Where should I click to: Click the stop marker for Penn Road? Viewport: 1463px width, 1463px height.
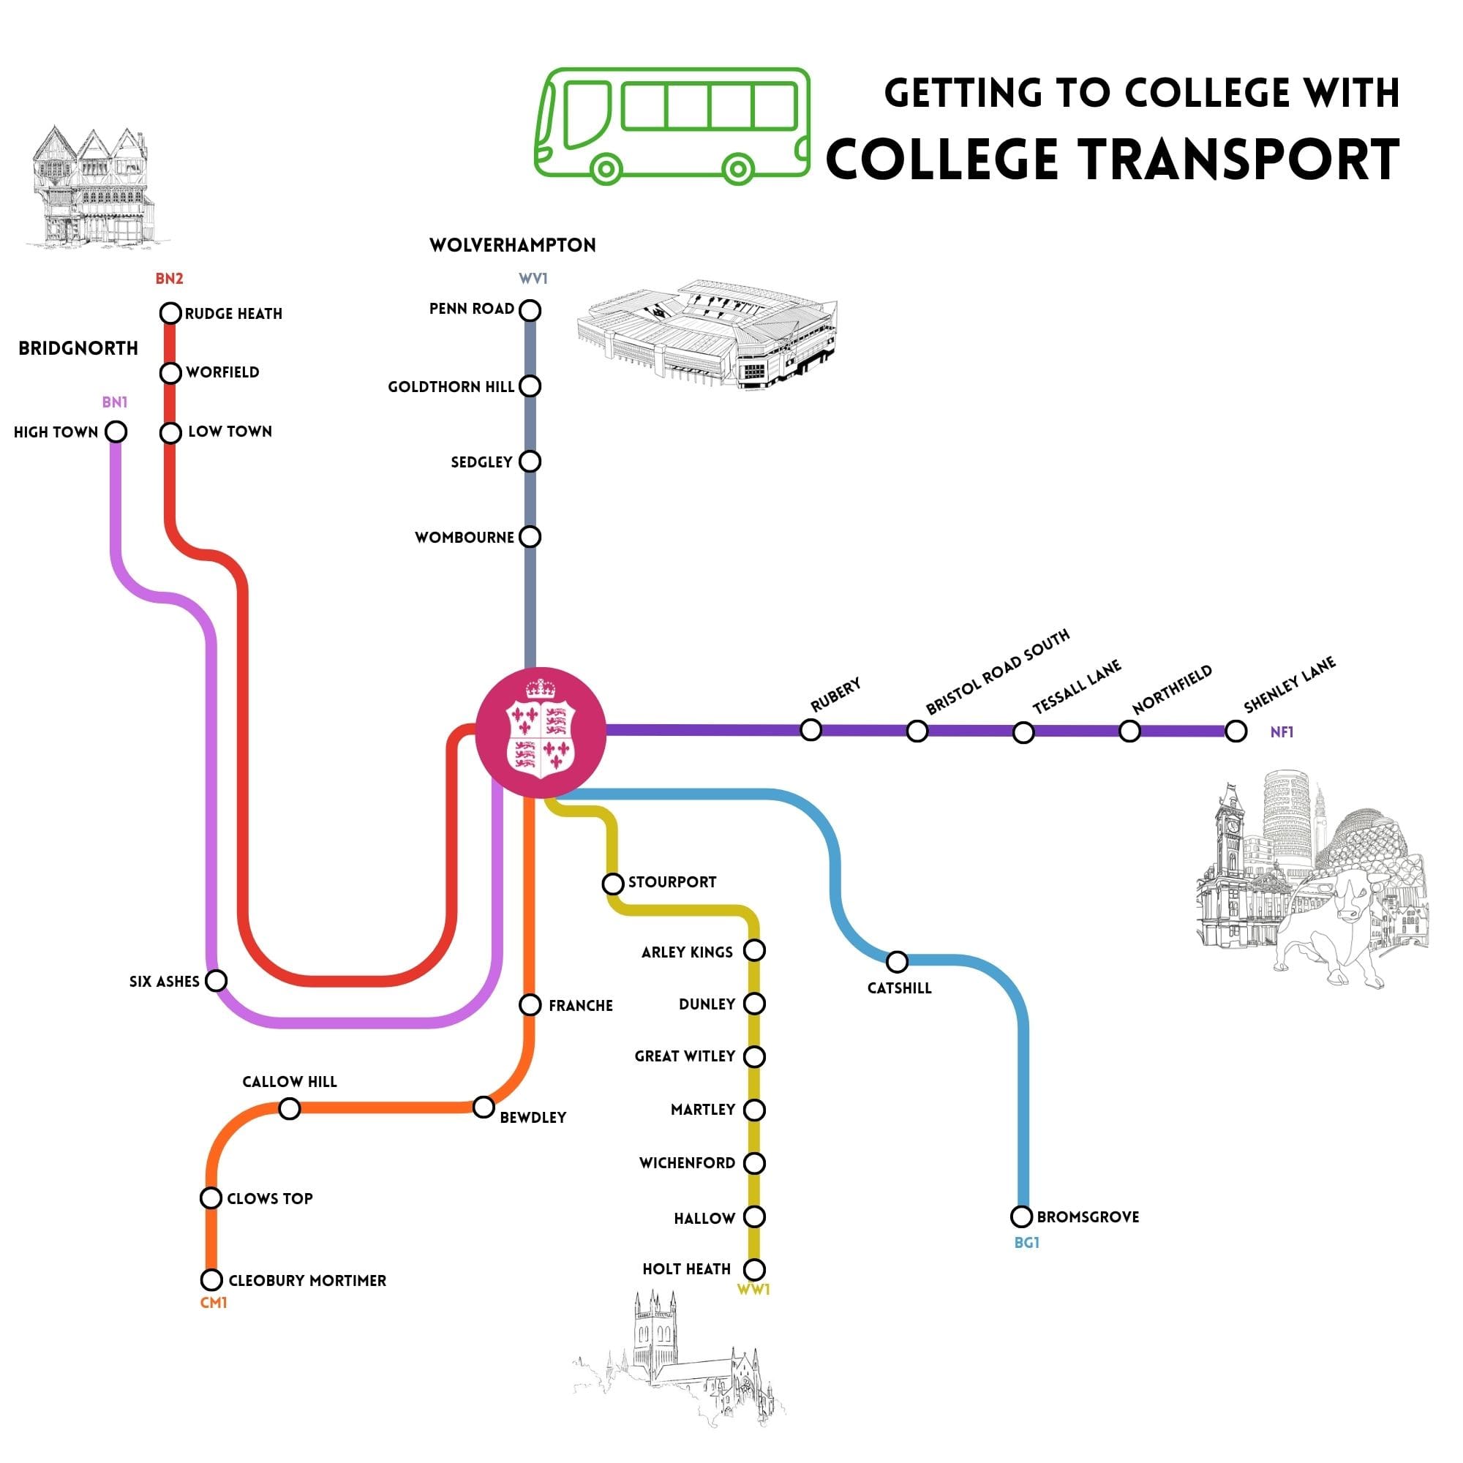(x=530, y=310)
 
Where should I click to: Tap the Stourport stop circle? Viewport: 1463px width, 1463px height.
(x=612, y=884)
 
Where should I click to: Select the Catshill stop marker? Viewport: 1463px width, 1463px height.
(x=897, y=962)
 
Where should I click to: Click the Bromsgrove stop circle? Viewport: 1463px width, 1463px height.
(x=1021, y=1217)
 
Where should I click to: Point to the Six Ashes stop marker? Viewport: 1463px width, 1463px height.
(x=217, y=981)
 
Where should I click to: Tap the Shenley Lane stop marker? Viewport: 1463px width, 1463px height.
(x=1236, y=731)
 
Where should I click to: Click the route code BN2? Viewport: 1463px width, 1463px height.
(x=169, y=279)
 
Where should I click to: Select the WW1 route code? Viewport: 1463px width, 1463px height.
(x=753, y=1290)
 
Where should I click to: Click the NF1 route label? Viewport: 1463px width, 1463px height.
(x=1282, y=732)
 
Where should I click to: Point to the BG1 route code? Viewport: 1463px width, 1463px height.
(x=1027, y=1243)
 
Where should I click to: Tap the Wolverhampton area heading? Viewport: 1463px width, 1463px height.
(x=513, y=245)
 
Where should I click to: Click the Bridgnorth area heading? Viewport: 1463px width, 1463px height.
(x=79, y=348)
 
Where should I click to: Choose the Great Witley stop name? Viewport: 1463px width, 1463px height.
(x=685, y=1056)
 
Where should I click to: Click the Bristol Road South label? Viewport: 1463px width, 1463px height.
(x=997, y=672)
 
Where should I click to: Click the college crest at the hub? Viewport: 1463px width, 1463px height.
(x=541, y=731)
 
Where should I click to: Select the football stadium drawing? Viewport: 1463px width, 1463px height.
(x=708, y=333)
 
